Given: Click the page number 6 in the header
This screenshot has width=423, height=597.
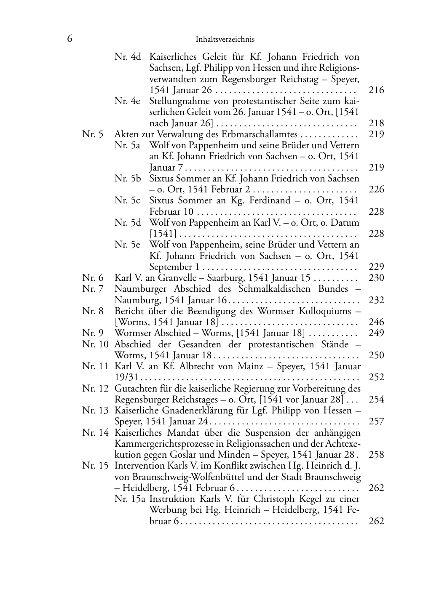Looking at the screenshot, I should (x=70, y=39).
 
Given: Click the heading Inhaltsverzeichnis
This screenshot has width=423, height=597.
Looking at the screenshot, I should (x=225, y=39).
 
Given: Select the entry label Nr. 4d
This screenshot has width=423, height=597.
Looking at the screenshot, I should (x=128, y=56).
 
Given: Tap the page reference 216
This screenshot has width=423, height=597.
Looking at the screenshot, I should (x=376, y=90).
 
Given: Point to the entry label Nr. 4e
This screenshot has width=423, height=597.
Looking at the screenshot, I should (x=127, y=101).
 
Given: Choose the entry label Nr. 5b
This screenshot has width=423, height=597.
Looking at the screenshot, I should (x=128, y=178).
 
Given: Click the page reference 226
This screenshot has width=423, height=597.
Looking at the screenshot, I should (x=376, y=189).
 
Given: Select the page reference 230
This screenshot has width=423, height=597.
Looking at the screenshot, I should (x=376, y=278).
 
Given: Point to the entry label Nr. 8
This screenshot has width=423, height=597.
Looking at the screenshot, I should (x=93, y=311).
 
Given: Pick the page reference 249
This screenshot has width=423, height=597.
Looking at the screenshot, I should (x=376, y=333).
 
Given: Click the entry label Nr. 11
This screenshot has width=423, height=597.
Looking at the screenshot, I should (x=95, y=366).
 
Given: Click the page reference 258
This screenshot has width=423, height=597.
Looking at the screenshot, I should (x=376, y=455).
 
